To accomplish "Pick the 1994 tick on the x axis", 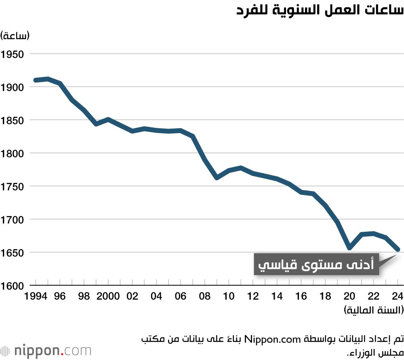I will pos(36,296).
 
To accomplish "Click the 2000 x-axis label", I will pos(108,296).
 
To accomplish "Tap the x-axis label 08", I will pos(205,296).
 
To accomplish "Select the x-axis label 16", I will pos(301,296).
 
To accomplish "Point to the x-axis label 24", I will pos(398,296).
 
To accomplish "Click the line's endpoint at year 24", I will pos(398,250).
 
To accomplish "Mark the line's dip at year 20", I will pos(349,248).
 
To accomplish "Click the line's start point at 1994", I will pos(36,80).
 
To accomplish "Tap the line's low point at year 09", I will pos(217,178).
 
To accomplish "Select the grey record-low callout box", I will pos(317,265).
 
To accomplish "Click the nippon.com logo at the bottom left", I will pos(46,350).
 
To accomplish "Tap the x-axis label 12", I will pos(253,296).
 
